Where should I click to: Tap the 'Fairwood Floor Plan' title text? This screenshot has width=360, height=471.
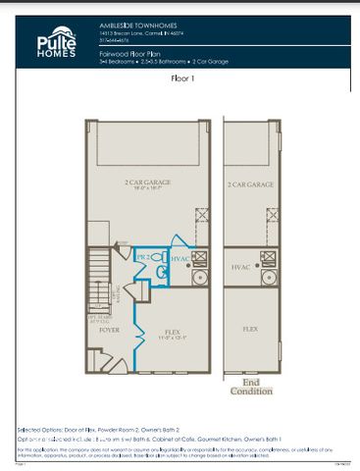(131, 51)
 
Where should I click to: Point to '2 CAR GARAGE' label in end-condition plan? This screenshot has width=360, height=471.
(250, 183)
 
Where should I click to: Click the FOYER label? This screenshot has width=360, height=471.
(108, 330)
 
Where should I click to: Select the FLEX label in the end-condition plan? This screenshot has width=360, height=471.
(250, 330)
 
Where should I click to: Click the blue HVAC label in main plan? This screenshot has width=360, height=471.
(180, 258)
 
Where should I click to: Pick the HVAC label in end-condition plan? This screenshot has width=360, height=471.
(241, 266)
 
